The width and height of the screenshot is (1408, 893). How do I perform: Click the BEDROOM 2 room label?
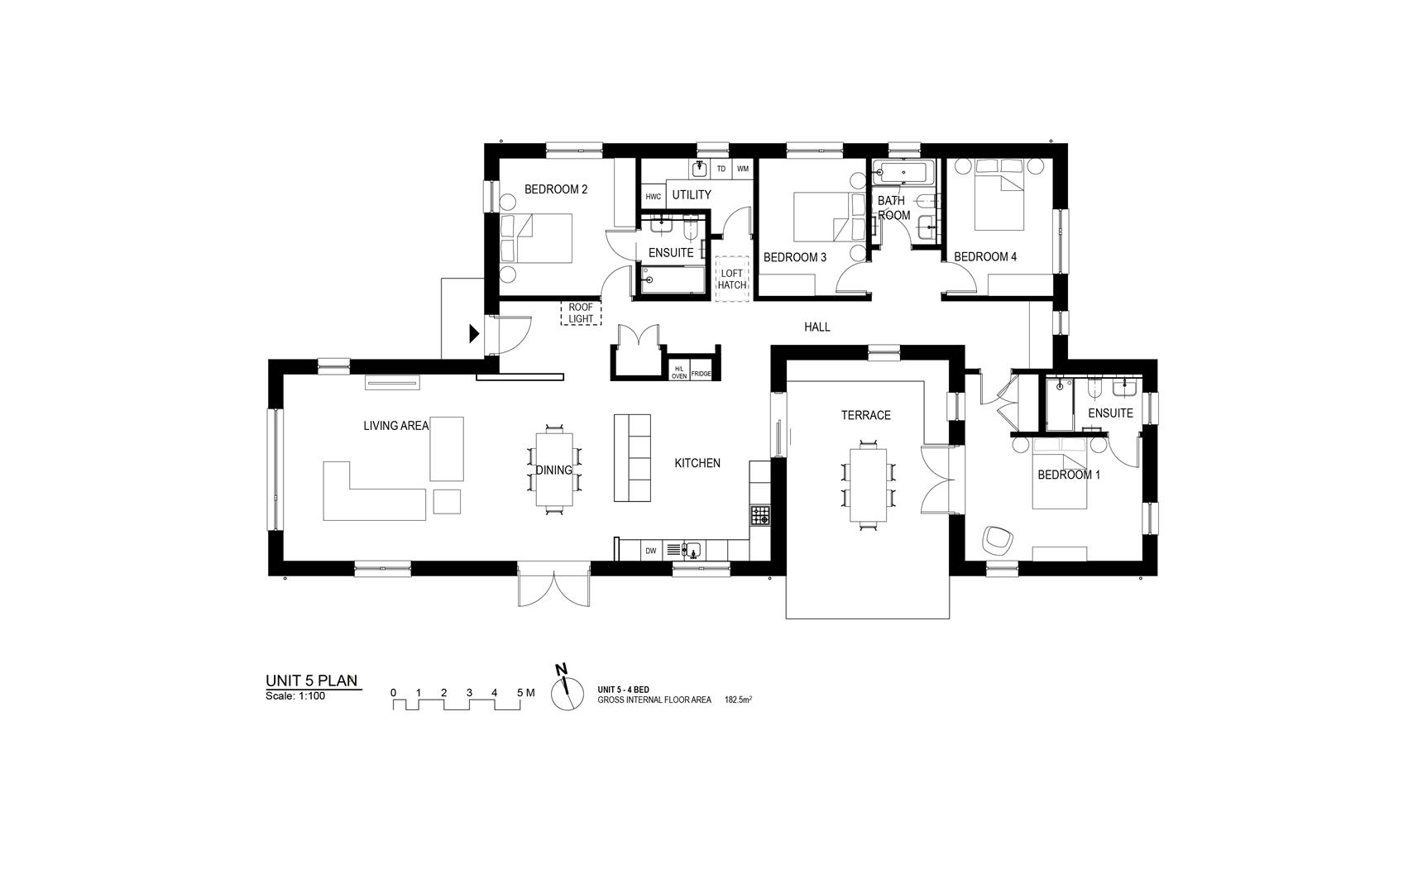[x=556, y=189]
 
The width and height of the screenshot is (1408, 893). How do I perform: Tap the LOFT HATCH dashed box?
[x=732, y=279]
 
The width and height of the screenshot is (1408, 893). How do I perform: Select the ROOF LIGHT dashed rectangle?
[x=581, y=313]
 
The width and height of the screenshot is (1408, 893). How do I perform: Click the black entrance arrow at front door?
[x=474, y=334]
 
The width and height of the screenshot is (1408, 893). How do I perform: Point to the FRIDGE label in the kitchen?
[x=702, y=374]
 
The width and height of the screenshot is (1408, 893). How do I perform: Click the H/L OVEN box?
[x=679, y=373]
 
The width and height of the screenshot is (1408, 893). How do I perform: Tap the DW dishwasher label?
[x=651, y=551]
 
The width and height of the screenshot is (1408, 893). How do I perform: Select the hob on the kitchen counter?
[x=760, y=516]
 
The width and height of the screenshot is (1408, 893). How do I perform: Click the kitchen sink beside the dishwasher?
[x=691, y=550]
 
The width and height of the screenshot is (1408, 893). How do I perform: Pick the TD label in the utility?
[x=721, y=169]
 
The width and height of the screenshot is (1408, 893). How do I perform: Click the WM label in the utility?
[x=743, y=169]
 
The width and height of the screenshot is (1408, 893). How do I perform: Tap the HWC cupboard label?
[x=654, y=197]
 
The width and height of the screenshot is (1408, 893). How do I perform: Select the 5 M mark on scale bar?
[x=525, y=693]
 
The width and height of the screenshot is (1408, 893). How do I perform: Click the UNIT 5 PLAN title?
[x=312, y=680]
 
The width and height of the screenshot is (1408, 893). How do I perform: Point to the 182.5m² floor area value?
[x=738, y=700]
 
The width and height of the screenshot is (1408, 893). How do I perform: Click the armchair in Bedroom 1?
[x=999, y=540]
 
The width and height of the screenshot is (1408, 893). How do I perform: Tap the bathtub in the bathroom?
[x=905, y=173]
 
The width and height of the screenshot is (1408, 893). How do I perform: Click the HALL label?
[x=817, y=327]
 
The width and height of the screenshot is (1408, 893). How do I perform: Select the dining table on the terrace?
[x=868, y=485]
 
